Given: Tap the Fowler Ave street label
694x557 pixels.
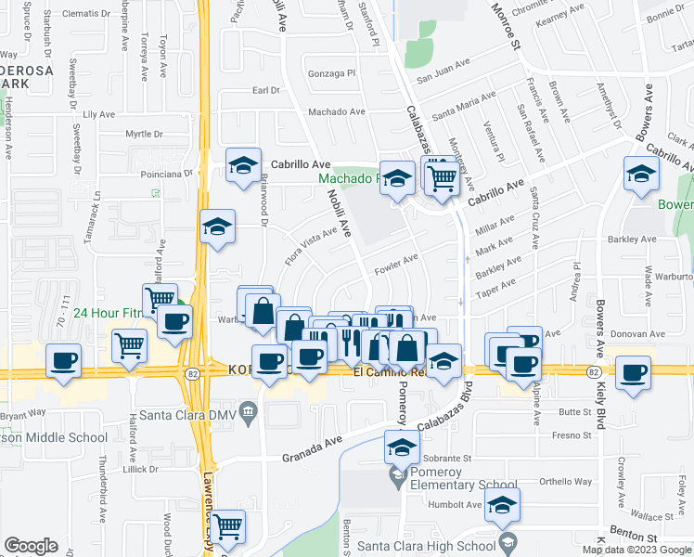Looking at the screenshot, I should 396,266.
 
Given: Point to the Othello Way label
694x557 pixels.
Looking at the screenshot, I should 566,481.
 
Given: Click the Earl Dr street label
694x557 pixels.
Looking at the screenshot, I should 266,90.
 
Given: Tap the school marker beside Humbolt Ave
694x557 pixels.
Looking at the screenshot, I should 503,506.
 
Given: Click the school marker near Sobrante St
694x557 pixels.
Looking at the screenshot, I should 401,448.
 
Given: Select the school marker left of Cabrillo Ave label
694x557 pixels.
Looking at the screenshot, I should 244,166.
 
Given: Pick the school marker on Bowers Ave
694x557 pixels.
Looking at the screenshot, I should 641,174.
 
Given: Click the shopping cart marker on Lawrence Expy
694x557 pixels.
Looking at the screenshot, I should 227,527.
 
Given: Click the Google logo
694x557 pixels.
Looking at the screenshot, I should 32,546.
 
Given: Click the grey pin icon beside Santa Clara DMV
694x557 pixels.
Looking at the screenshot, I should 248,410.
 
